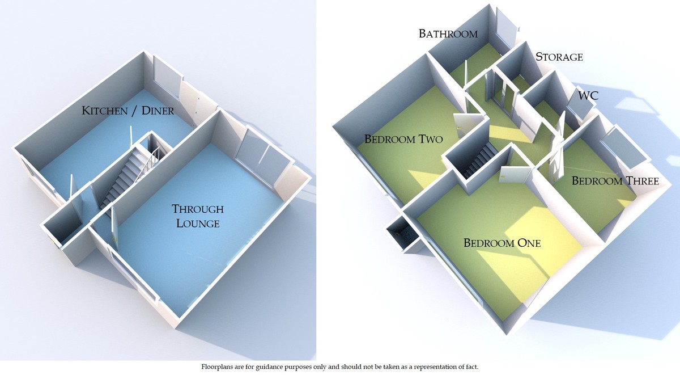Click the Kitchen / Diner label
(127, 111)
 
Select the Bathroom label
(448, 33)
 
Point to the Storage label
(559, 57)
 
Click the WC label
(588, 96)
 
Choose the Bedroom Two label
(403, 138)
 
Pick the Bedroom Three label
(615, 181)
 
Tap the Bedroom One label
(502, 243)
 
